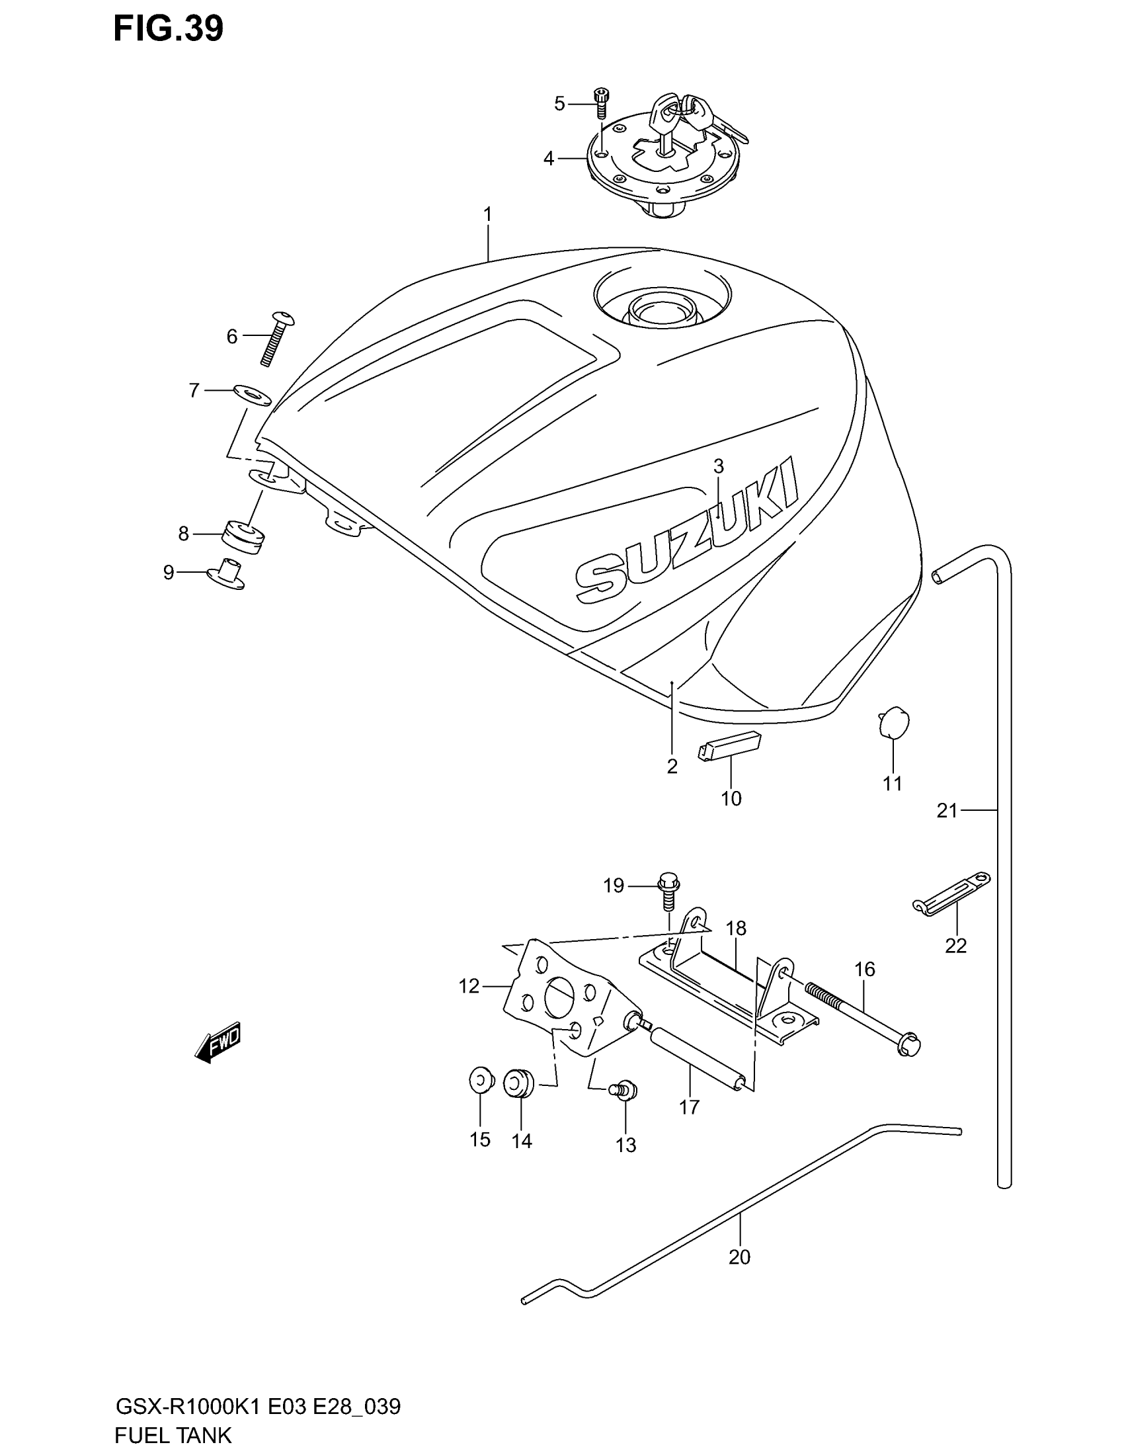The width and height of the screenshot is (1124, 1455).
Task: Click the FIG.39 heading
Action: pyautogui.click(x=168, y=30)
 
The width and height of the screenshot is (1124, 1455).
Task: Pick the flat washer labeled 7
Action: pyautogui.click(x=251, y=394)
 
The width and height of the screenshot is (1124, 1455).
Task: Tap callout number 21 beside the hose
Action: pyautogui.click(x=946, y=811)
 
